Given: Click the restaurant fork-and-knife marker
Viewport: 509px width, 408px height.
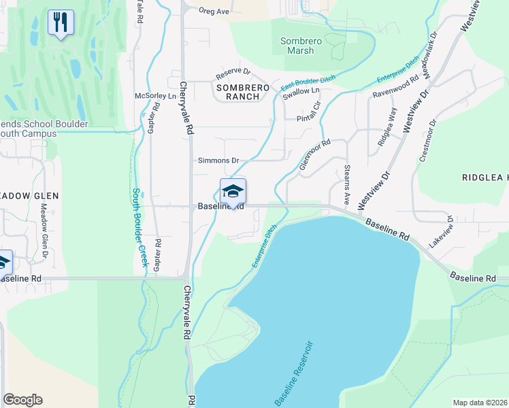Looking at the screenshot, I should pos(61,23).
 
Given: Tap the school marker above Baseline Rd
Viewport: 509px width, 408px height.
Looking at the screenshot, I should pos(233,191).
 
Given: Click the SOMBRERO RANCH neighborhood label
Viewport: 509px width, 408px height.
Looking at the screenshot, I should pos(238,92).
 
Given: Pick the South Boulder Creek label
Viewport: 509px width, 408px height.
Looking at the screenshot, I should pos(139,227).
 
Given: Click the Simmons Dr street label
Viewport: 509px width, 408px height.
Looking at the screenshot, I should pos(218,160).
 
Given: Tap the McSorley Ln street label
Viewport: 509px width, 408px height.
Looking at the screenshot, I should pos(155,96).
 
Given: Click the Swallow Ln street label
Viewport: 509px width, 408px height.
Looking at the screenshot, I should pos(301,91).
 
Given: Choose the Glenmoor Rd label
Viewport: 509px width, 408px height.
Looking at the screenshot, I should pos(314,155).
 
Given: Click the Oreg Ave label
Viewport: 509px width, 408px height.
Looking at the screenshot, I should pos(214,11).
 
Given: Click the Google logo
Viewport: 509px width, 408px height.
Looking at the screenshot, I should pos(22,400).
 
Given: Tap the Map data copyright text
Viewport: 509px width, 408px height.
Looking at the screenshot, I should pos(480,403).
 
